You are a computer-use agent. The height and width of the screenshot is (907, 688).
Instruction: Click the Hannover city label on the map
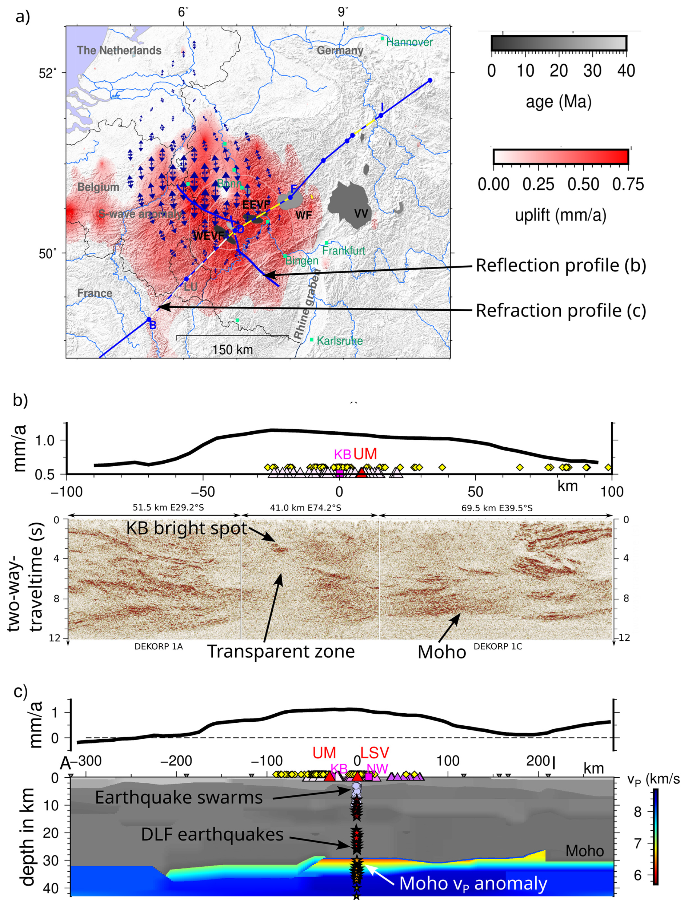[409, 42]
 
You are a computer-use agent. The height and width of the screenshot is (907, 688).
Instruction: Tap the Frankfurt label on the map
[343, 250]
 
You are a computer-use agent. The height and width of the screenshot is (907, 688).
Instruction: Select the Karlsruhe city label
[339, 341]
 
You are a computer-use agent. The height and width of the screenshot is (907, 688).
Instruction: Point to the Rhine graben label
[307, 304]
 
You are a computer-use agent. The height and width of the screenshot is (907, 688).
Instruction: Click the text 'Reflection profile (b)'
[560, 265]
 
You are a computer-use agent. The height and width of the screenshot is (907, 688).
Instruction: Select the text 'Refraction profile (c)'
[560, 310]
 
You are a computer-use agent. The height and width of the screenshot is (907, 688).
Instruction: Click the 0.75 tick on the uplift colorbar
[628, 185]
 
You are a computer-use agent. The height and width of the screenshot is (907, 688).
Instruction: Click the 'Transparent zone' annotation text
[281, 651]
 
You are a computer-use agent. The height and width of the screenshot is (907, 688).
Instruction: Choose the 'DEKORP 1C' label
[498, 646]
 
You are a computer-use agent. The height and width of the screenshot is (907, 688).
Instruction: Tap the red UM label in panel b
[365, 454]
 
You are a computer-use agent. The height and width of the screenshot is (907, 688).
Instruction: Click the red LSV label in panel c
[375, 753]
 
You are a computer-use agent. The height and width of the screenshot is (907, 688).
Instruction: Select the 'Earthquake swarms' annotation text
[179, 798]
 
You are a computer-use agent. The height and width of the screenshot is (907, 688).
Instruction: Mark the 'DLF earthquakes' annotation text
[212, 834]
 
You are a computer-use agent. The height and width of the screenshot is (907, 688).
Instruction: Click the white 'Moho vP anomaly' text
[473, 883]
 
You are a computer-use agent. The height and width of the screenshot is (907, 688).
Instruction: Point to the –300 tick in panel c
[85, 761]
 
